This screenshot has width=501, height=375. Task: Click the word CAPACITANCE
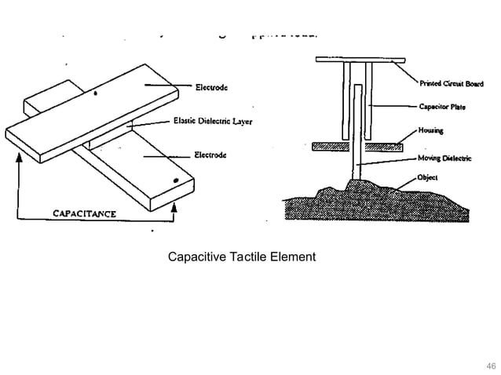point(84,213)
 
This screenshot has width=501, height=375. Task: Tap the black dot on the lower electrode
point(176,180)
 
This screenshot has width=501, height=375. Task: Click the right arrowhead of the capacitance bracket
point(174,208)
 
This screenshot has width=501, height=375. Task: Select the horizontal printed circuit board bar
point(359,60)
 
